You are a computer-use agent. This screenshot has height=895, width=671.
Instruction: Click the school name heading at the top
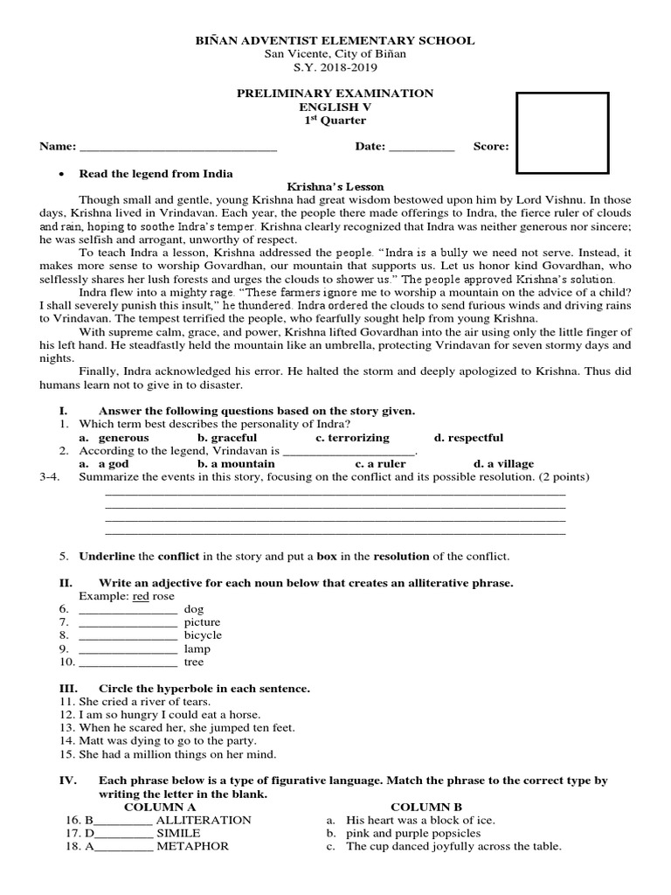(x=336, y=40)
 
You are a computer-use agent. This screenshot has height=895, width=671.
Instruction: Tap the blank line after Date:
(x=421, y=147)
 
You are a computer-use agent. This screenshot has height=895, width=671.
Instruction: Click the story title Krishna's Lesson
(x=335, y=187)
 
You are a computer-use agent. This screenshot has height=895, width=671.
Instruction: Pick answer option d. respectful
(x=468, y=437)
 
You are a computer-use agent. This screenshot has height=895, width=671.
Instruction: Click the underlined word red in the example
(x=141, y=596)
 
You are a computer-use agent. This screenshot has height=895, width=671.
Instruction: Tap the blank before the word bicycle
(x=128, y=635)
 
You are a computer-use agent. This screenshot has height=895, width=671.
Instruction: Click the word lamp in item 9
(x=197, y=649)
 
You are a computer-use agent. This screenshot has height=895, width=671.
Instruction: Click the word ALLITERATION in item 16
(x=204, y=821)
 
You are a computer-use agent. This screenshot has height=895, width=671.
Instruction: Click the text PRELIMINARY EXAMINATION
(x=335, y=94)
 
